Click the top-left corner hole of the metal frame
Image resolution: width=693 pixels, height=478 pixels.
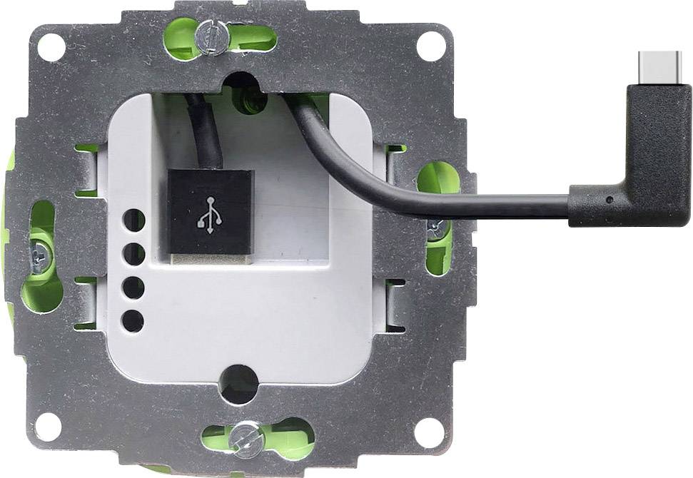point(51,47)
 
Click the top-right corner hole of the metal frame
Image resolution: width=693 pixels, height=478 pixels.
point(431,46)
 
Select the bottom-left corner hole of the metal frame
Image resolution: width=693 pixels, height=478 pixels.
point(49,427)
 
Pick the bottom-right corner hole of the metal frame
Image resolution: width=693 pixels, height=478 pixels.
point(430,429)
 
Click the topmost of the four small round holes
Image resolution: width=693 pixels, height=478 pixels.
point(133,220)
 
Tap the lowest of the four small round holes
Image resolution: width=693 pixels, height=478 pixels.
point(133,320)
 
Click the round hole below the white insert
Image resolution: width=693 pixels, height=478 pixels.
point(239,383)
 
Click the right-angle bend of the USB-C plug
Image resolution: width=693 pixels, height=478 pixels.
point(660,193)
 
